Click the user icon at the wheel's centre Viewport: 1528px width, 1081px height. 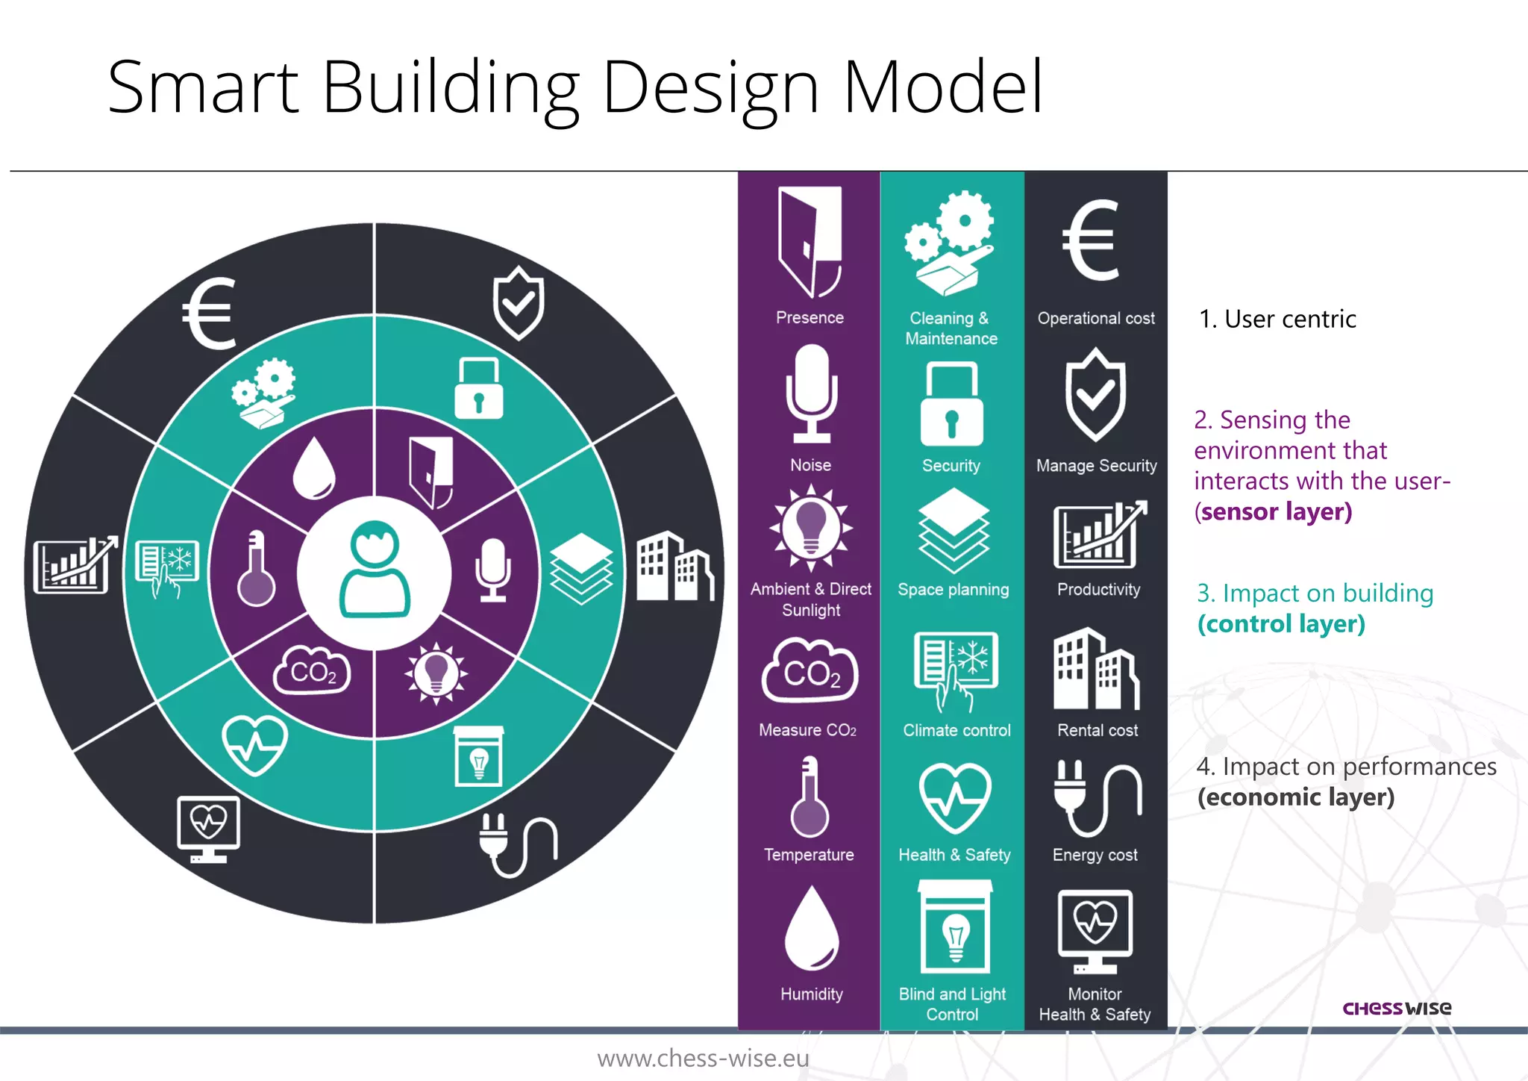(375, 570)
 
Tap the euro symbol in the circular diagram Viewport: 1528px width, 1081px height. (210, 314)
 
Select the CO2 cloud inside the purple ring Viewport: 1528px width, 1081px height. (312, 670)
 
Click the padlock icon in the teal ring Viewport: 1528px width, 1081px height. (478, 388)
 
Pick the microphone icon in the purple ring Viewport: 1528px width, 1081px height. (493, 570)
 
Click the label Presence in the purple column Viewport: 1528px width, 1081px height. (810, 317)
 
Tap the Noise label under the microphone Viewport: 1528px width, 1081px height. (810, 465)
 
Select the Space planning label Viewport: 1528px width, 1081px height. (953, 590)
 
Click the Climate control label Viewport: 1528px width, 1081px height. (956, 730)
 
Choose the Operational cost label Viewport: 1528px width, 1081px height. (1096, 318)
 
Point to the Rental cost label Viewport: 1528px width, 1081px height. (1098, 730)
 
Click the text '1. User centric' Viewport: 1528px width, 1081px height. (1277, 320)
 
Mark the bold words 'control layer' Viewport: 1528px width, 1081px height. (1282, 624)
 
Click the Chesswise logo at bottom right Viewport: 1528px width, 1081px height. (1397, 1009)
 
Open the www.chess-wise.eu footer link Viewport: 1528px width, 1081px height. (703, 1059)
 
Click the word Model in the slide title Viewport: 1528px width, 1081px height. (943, 87)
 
